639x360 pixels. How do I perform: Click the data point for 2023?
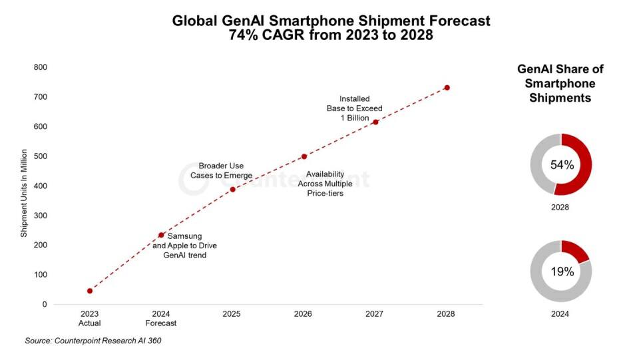pyautogui.click(x=90, y=291)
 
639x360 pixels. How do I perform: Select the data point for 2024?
pyautogui.click(x=161, y=235)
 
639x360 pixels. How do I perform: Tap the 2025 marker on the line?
pyautogui.click(x=232, y=190)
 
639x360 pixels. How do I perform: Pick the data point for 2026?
pyautogui.click(x=304, y=156)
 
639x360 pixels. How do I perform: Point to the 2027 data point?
pyautogui.click(x=375, y=122)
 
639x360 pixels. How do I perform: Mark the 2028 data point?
pyautogui.click(x=447, y=88)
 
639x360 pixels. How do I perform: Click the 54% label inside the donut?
pyautogui.click(x=561, y=165)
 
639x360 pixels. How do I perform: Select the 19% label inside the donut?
pyautogui.click(x=561, y=271)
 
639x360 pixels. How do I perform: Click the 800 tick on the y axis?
pyautogui.click(x=41, y=67)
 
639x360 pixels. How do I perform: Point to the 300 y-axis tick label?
pyautogui.click(x=41, y=216)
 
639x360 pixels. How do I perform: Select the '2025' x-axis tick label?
pyautogui.click(x=232, y=313)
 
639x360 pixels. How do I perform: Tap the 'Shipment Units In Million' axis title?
pyautogui.click(x=24, y=192)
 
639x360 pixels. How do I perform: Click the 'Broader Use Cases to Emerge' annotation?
pyautogui.click(x=221, y=170)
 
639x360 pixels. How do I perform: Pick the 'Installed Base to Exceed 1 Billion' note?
pyautogui.click(x=354, y=108)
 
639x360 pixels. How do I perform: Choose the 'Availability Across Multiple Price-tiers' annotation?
pyautogui.click(x=325, y=184)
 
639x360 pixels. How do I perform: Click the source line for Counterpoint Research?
pyautogui.click(x=93, y=341)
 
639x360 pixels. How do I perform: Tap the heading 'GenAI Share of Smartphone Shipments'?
pyautogui.click(x=560, y=83)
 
